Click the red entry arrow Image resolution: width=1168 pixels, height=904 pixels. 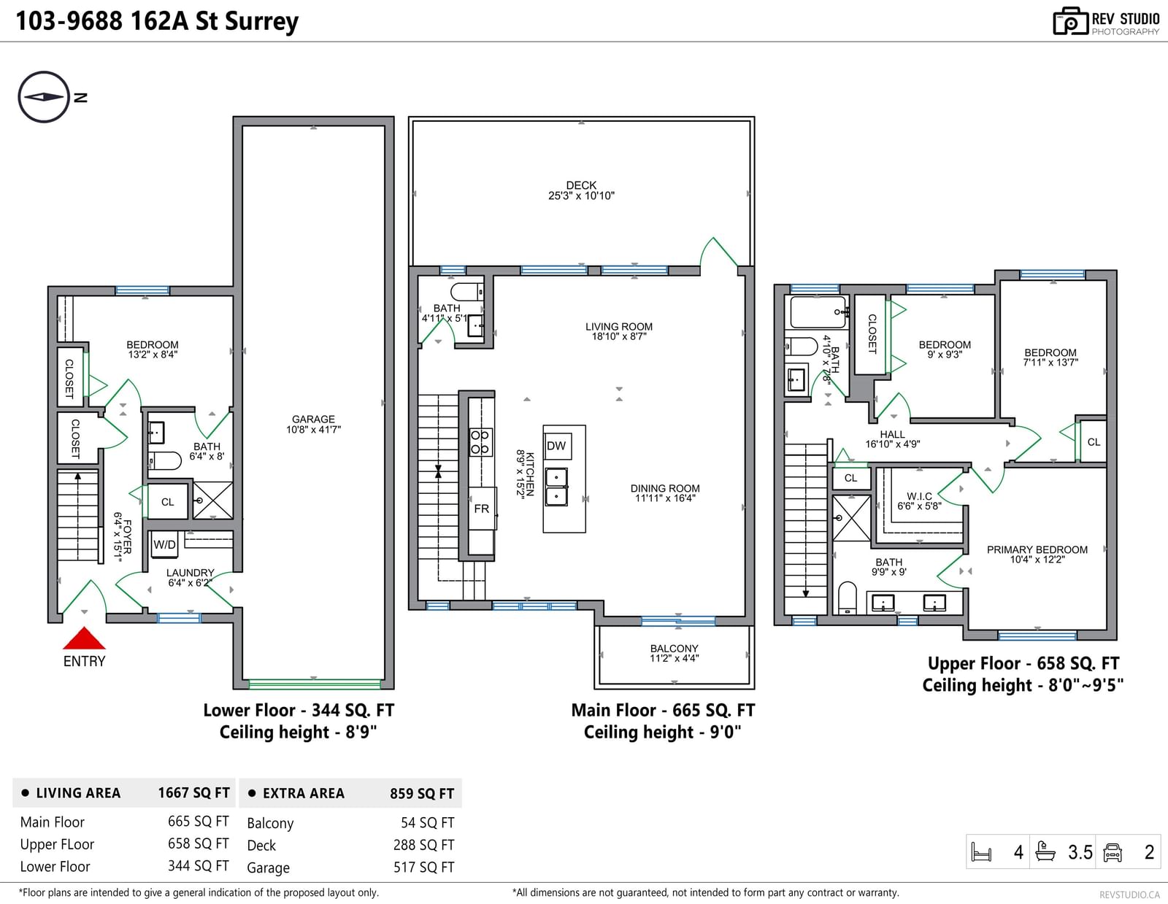pyautogui.click(x=84, y=638)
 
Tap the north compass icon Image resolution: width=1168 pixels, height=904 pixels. pyautogui.click(x=44, y=97)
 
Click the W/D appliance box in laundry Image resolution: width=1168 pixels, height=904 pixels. pyautogui.click(x=164, y=544)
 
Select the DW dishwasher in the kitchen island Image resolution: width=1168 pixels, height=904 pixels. pyautogui.click(x=557, y=446)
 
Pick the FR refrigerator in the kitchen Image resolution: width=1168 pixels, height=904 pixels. pyautogui.click(x=482, y=509)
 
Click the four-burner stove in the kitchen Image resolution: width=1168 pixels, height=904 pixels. pyautogui.click(x=480, y=442)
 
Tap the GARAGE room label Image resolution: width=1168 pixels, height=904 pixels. pyautogui.click(x=313, y=419)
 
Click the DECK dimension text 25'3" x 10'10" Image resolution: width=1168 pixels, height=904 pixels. pyautogui.click(x=581, y=196)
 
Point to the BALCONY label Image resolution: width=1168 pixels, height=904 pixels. pyautogui.click(x=674, y=649)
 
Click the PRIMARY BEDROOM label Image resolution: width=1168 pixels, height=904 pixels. pyautogui.click(x=1037, y=549)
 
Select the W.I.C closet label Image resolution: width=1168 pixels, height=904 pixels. pyautogui.click(x=919, y=496)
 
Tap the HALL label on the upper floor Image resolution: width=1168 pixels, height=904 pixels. pyautogui.click(x=892, y=434)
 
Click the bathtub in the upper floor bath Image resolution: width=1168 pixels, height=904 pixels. pyautogui.click(x=818, y=312)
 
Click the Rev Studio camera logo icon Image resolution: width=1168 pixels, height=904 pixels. pyautogui.click(x=1070, y=21)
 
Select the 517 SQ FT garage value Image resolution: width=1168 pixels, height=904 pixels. pyautogui.click(x=423, y=867)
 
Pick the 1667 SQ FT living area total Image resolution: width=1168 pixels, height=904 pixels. pyautogui.click(x=193, y=793)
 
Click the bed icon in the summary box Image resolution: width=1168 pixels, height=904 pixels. pyautogui.click(x=982, y=852)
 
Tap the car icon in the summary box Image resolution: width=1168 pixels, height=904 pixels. pyautogui.click(x=1113, y=852)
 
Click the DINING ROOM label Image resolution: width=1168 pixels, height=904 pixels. pyautogui.click(x=665, y=488)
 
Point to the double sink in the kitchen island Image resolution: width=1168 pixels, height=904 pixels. pyautogui.click(x=556, y=487)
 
